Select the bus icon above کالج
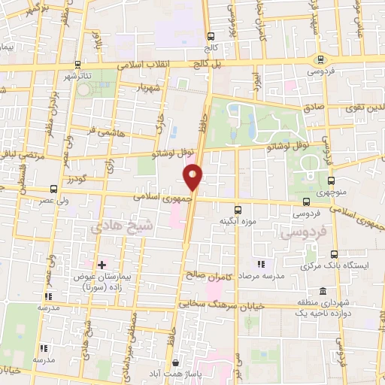pyautogui.click(x=212, y=35)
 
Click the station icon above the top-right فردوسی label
pyautogui.click(x=321, y=59)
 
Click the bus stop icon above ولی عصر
pyautogui.click(x=53, y=189)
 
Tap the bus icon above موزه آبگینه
pyautogui.click(x=238, y=210)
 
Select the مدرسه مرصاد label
pyautogui.click(x=262, y=276)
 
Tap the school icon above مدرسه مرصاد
pyautogui.click(x=261, y=265)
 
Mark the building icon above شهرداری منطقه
pyautogui.click(x=323, y=291)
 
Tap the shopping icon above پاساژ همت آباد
pyautogui.click(x=175, y=363)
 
